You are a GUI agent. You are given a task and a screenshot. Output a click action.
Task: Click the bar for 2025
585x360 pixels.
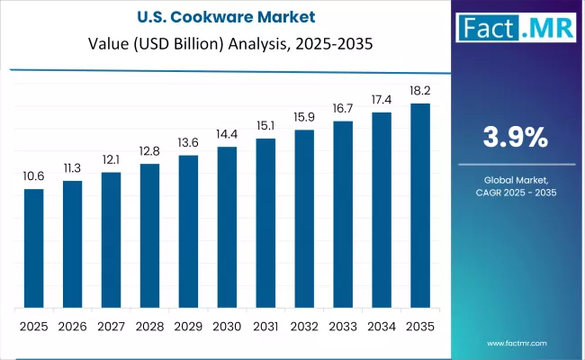[x=33, y=248]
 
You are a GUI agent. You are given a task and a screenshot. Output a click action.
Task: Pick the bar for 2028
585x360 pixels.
[x=149, y=236]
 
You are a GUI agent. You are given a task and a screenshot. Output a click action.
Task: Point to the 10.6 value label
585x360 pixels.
[x=33, y=176]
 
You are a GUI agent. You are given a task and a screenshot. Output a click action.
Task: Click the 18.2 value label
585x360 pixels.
[x=420, y=91]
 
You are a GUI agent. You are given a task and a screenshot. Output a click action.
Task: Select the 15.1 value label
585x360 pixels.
[x=265, y=126]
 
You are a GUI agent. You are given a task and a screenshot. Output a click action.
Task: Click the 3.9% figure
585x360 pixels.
[x=516, y=137]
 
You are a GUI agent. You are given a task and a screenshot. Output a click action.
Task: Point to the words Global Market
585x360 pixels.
[x=516, y=180]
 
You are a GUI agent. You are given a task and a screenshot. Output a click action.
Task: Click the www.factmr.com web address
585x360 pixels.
[x=519, y=343]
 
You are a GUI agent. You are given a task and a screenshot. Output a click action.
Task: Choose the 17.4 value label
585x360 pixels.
[x=382, y=100]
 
